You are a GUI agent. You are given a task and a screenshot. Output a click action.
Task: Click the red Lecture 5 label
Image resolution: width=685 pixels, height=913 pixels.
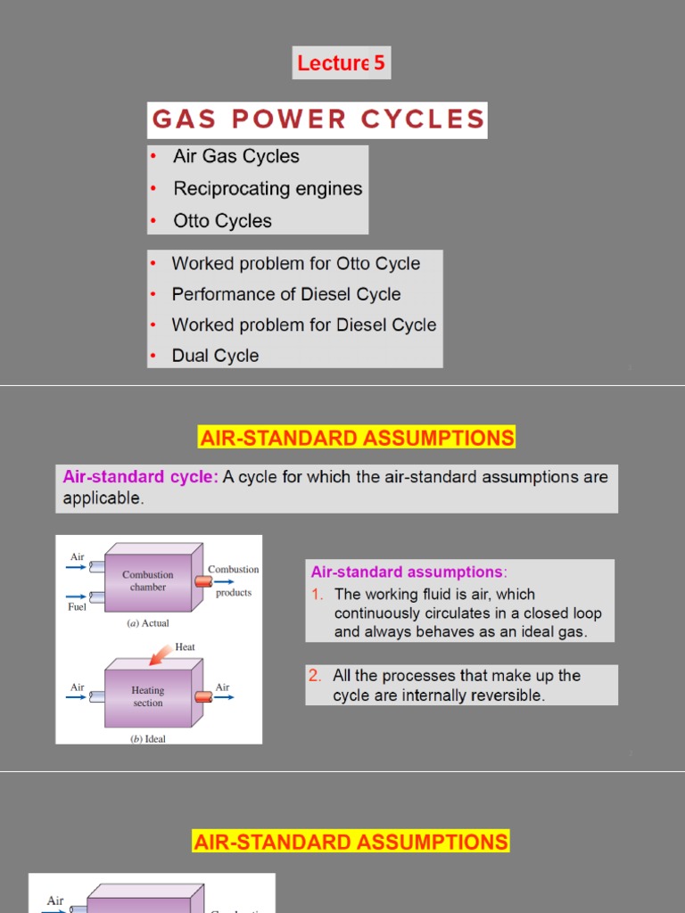click(x=341, y=63)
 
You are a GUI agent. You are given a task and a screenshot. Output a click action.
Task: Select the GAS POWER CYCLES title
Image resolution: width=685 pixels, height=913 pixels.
click(x=318, y=119)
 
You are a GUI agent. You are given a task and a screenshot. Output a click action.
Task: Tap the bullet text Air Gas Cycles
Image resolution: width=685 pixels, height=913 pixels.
click(x=236, y=157)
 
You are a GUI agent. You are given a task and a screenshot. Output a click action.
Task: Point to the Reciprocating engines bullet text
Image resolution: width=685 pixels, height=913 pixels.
click(x=268, y=189)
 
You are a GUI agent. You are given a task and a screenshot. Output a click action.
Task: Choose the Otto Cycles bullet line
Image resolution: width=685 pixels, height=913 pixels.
click(x=222, y=221)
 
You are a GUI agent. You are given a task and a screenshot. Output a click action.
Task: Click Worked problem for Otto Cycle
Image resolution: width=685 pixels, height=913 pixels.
click(x=295, y=264)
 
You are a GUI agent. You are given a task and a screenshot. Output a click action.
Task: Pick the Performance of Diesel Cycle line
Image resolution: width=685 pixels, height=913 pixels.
click(x=286, y=294)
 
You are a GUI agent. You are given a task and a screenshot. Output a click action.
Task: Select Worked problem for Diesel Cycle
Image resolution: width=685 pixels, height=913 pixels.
click(x=304, y=325)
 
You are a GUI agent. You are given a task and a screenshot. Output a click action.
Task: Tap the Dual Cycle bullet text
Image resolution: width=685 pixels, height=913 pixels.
click(x=215, y=356)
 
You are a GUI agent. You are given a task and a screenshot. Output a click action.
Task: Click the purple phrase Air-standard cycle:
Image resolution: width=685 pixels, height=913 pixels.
click(x=140, y=477)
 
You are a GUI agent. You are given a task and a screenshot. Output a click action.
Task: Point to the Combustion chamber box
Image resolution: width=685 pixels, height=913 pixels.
click(x=148, y=580)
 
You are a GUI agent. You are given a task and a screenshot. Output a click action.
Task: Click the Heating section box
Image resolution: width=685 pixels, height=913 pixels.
click(x=148, y=696)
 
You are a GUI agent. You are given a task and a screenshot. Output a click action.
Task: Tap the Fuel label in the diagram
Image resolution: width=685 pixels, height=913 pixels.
click(x=77, y=606)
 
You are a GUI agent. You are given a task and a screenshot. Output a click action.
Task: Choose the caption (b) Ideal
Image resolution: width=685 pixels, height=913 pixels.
click(x=148, y=739)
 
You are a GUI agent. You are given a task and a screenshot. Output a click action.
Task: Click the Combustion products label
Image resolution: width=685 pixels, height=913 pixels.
click(x=234, y=580)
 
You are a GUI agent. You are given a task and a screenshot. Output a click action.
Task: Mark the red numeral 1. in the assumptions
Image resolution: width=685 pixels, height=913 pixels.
click(x=317, y=595)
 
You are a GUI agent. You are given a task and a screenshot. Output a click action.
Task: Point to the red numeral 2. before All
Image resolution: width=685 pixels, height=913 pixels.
click(x=316, y=676)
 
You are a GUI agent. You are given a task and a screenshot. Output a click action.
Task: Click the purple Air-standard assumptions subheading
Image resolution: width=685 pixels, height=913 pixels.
click(x=407, y=572)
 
